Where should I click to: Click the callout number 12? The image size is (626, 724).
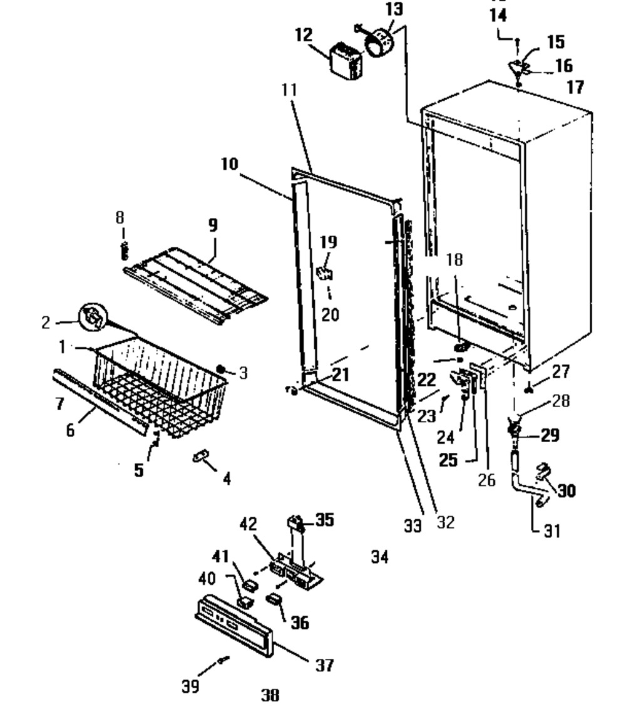[x=304, y=34]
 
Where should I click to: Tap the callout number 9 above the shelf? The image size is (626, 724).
[x=213, y=226]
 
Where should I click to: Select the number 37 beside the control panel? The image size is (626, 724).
[x=324, y=665]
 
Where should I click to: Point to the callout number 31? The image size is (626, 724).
[x=551, y=531]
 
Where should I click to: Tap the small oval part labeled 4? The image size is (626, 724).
[x=200, y=458]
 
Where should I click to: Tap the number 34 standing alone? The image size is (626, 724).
[x=379, y=556]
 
